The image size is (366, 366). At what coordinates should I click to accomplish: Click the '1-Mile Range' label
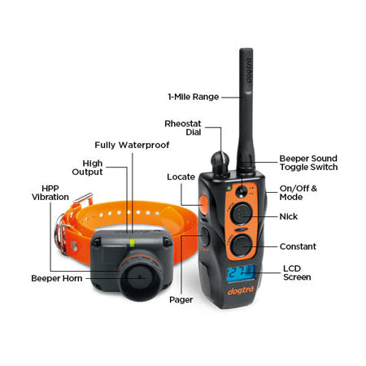point(194,97)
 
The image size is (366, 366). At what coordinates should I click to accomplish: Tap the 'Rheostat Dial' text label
point(183,128)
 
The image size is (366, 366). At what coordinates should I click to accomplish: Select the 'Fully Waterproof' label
point(132,145)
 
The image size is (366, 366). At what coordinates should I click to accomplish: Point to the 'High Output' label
point(87,168)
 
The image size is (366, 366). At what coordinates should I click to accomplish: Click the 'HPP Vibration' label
point(50,193)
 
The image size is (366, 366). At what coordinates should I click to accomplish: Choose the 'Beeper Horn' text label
point(57,278)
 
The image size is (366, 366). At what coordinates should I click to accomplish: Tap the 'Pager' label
point(181,300)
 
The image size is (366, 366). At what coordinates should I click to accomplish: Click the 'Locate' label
point(181,177)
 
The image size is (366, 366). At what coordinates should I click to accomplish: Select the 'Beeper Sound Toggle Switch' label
point(308,163)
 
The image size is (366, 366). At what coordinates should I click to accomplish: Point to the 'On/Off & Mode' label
point(298,193)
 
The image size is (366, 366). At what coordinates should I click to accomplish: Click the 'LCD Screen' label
point(297,272)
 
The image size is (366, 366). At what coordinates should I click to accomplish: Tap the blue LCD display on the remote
point(241,272)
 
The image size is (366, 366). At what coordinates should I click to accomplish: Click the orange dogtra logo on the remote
point(241,291)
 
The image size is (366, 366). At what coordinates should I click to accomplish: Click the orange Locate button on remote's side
point(203,205)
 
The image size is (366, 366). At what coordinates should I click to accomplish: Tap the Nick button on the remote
point(242,213)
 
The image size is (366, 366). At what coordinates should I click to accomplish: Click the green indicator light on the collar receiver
point(133,242)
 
